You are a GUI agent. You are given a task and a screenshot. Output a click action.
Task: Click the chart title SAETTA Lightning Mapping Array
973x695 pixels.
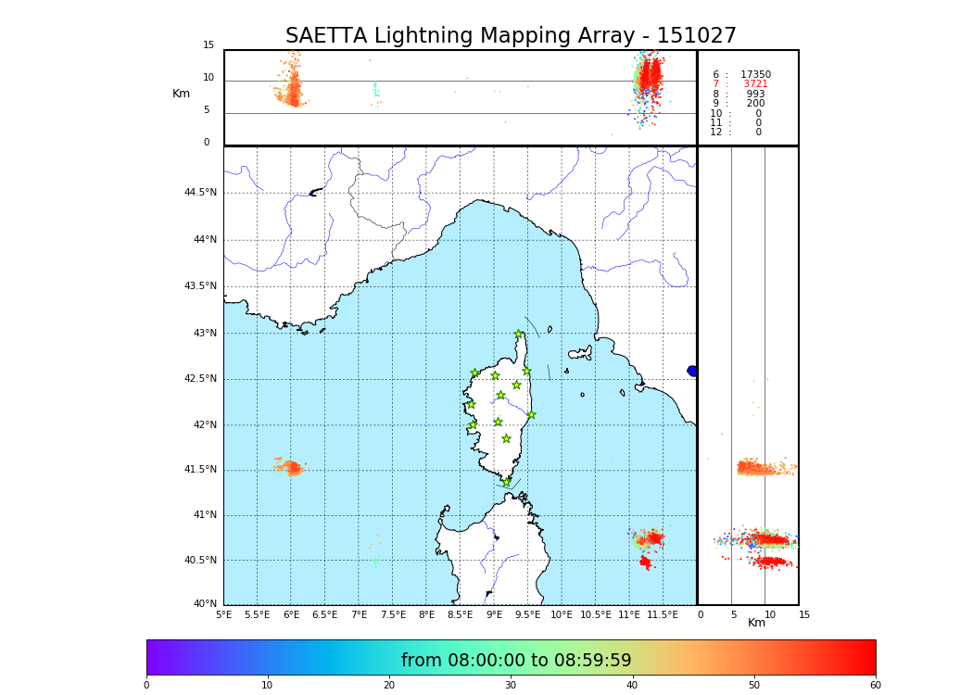(x=511, y=36)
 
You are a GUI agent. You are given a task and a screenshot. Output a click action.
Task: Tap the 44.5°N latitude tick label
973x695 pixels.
(x=200, y=193)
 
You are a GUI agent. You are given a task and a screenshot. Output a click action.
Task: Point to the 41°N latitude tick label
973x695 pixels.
(x=204, y=515)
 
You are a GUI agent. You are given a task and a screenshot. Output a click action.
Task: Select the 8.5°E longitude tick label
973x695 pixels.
(x=460, y=614)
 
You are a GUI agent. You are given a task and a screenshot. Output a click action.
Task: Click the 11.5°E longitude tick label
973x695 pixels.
(x=663, y=614)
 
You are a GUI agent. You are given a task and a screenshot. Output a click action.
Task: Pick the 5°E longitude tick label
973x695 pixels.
(x=223, y=614)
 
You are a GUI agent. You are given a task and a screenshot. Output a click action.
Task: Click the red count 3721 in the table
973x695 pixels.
(x=755, y=84)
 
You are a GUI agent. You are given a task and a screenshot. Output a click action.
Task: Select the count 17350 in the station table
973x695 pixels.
(x=755, y=75)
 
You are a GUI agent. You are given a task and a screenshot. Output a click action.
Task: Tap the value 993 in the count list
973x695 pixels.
(x=755, y=95)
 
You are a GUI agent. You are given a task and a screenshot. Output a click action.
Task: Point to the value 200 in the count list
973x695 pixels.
(x=755, y=104)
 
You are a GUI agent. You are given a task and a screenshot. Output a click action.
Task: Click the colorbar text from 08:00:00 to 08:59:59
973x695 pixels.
(x=516, y=661)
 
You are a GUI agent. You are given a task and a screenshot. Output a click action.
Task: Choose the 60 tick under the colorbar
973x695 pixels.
(x=875, y=686)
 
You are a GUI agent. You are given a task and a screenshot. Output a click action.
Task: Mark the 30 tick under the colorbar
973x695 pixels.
(x=511, y=686)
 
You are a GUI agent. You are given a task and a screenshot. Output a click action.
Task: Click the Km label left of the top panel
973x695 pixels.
(x=181, y=94)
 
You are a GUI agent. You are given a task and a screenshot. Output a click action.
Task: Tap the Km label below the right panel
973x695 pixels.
(x=756, y=623)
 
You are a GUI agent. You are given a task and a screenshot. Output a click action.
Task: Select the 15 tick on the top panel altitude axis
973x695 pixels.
(x=208, y=45)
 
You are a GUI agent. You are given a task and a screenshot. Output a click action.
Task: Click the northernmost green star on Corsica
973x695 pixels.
(x=519, y=335)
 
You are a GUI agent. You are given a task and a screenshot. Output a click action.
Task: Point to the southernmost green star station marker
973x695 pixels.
(x=506, y=482)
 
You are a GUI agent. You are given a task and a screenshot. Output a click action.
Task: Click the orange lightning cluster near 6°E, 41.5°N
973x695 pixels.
(x=291, y=467)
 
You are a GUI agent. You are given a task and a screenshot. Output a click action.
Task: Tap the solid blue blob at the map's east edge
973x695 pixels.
(x=692, y=371)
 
